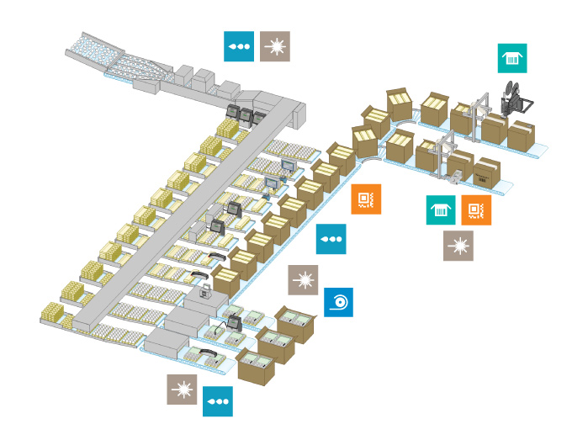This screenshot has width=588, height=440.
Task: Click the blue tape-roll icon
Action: pyautogui.click(x=338, y=302)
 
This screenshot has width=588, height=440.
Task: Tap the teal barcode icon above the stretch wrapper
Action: pyautogui.click(x=511, y=59)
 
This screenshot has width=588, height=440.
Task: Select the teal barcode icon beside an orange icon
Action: pyautogui.click(x=441, y=210)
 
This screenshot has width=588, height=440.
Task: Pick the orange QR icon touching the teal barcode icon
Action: pyautogui.click(x=476, y=210)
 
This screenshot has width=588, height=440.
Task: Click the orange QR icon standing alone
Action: pyautogui.click(x=365, y=199)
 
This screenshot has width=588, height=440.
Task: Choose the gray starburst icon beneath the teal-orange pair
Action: pyautogui.click(x=458, y=246)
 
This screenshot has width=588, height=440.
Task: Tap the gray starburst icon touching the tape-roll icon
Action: pyautogui.click(x=303, y=279)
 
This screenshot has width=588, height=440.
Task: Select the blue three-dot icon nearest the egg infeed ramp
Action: pyautogui.click(x=238, y=46)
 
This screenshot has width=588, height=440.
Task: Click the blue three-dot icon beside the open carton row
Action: pyautogui.click(x=331, y=240)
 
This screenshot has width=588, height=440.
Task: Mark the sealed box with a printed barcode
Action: pyautogui.click(x=485, y=172)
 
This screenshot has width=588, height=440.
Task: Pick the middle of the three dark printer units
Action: pyautogui.click(x=245, y=114)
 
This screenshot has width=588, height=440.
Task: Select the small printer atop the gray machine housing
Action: pyautogui.click(x=204, y=294)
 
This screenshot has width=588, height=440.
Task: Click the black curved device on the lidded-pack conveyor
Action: pyautogui.click(x=199, y=275)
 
